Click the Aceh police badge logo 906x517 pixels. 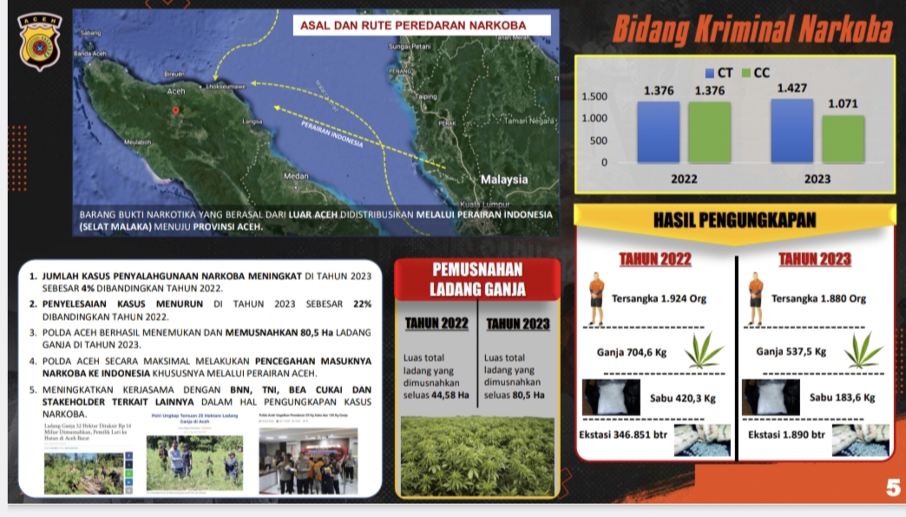coord(39,40)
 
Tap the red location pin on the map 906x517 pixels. coord(176,110)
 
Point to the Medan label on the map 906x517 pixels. coord(296,176)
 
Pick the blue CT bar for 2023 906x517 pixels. coord(791,131)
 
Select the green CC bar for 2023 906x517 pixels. coord(843,139)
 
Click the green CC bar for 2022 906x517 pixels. coord(709,132)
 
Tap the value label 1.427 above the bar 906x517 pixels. coord(791,88)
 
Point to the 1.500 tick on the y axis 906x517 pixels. coord(594,96)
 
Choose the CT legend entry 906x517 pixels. coord(719,74)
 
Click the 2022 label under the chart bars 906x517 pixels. coord(684,180)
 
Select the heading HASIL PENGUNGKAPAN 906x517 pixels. coord(734,220)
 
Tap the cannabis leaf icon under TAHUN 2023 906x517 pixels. coord(863,350)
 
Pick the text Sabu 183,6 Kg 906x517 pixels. coord(842,397)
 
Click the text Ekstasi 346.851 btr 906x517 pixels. coord(623,434)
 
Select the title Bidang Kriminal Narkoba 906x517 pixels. coord(752,30)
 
